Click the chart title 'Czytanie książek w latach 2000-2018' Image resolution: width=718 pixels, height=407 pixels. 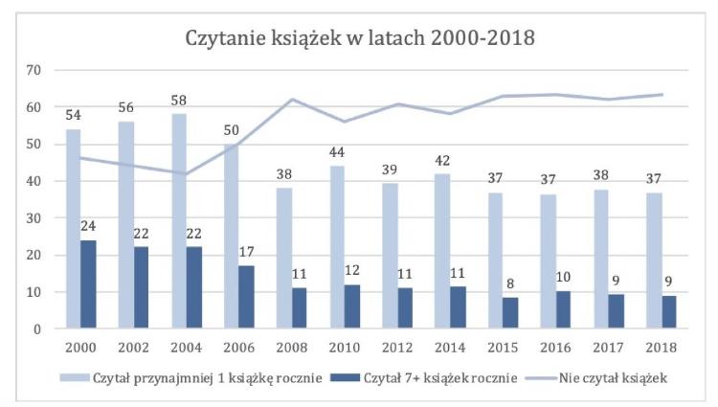pyautogui.click(x=359, y=39)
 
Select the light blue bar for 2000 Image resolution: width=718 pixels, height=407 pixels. pyautogui.click(x=73, y=229)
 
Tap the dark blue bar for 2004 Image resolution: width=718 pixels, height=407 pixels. pyautogui.click(x=194, y=287)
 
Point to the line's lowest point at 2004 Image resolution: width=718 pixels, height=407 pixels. pyautogui.click(x=188, y=173)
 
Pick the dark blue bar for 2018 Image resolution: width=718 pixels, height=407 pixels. pyautogui.click(x=668, y=312)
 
